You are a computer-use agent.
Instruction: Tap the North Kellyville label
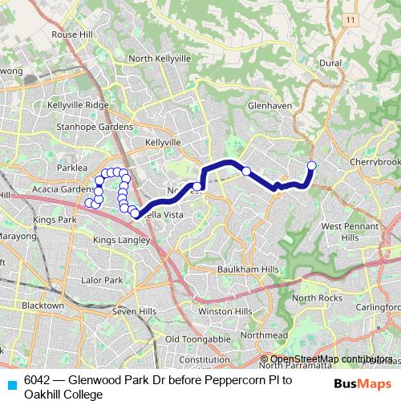(160, 59)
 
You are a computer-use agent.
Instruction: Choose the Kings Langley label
(121, 240)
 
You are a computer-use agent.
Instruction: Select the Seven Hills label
(132, 311)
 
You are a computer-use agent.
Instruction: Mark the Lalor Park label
(102, 280)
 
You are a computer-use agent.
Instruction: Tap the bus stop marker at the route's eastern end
(312, 166)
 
